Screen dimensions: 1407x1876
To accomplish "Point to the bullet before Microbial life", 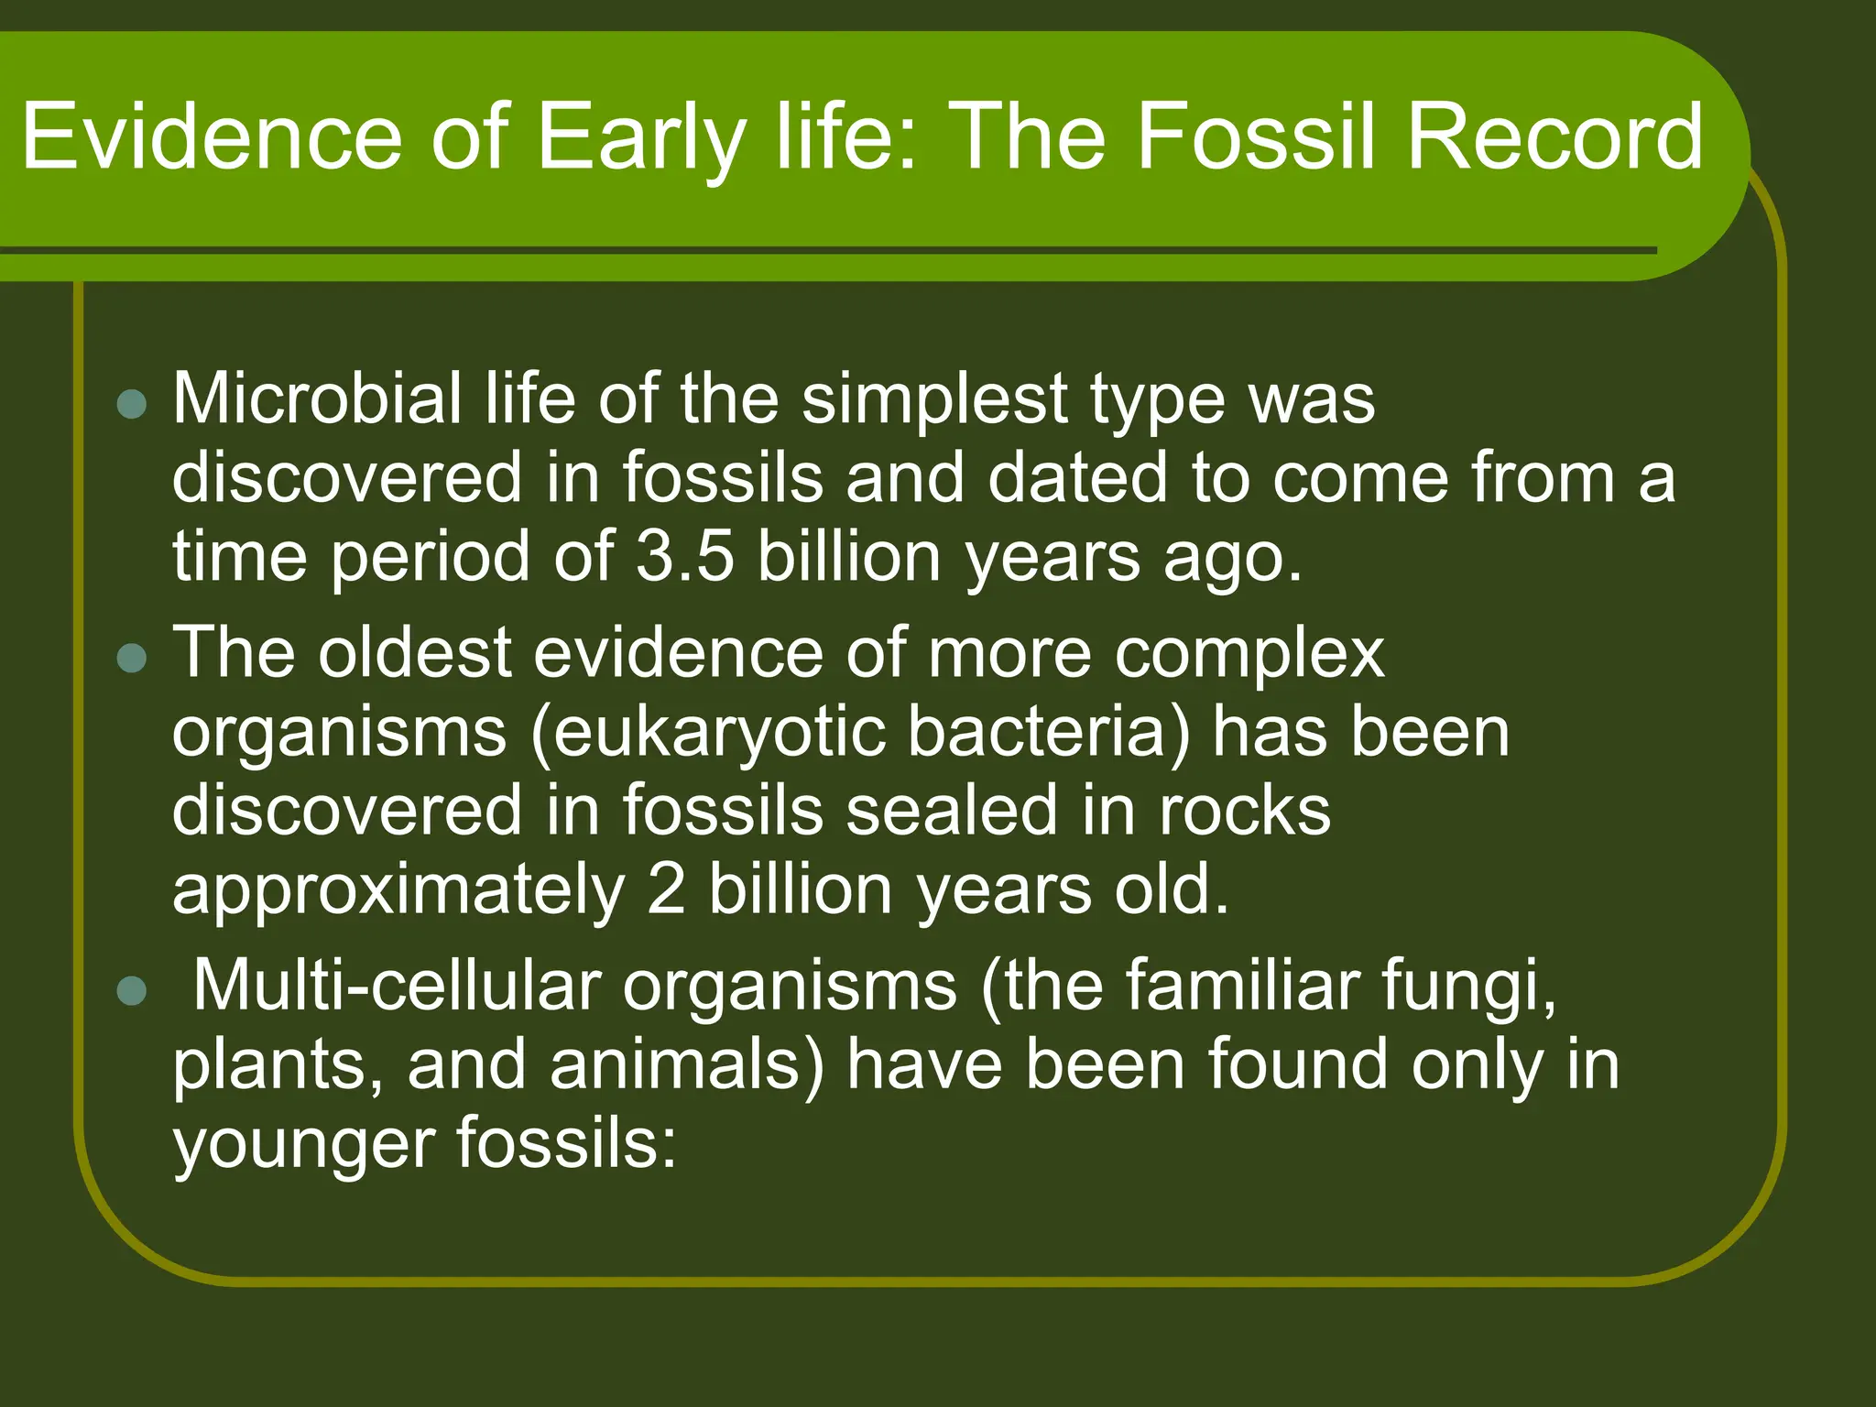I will click(x=133, y=404).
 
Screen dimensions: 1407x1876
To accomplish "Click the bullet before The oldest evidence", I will click(x=133, y=658).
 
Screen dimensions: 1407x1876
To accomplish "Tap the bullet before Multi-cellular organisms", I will click(x=133, y=991).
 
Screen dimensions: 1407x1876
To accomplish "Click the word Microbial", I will click(x=317, y=399).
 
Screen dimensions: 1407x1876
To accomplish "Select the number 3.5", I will click(x=685, y=557).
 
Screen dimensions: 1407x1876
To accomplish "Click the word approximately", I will click(x=398, y=891).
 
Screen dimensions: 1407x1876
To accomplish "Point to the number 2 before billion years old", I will click(x=666, y=890).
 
